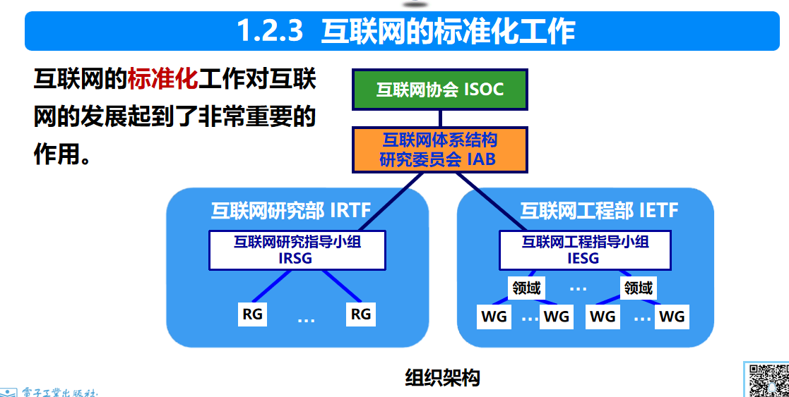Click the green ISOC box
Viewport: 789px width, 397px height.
coord(439,90)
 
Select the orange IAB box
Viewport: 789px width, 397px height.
coord(439,149)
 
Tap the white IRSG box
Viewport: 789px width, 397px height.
coord(297,250)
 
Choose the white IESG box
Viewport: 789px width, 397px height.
coord(585,250)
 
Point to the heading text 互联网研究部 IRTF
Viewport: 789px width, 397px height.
coord(290,210)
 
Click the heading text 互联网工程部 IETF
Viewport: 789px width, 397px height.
coord(599,210)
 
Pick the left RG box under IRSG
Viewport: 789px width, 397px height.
coord(252,314)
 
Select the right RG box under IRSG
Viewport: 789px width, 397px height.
coord(361,314)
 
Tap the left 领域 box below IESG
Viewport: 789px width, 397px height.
coord(526,288)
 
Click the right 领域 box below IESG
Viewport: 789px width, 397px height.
coord(638,288)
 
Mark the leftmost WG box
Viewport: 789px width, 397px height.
coord(494,317)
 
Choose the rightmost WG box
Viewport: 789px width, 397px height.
coord(672,317)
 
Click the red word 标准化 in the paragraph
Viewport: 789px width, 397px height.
coord(162,79)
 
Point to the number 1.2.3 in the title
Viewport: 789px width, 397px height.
coord(270,32)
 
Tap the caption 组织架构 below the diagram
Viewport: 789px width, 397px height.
coord(442,377)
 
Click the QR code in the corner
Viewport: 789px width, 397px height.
coord(768,381)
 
